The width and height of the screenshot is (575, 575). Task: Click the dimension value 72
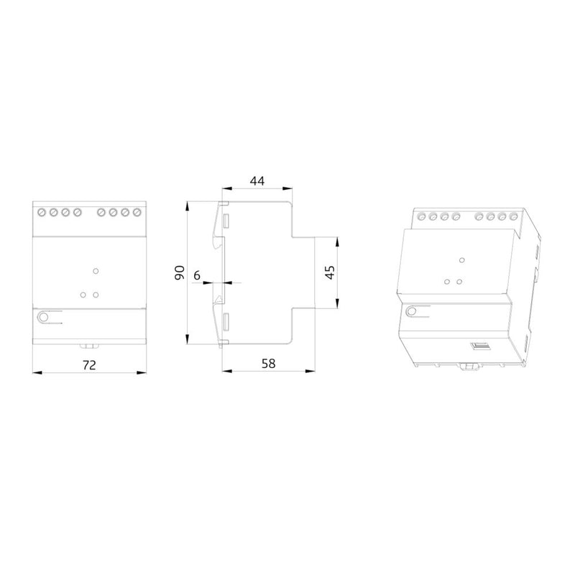(x=89, y=365)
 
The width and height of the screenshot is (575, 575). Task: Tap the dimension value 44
(x=257, y=181)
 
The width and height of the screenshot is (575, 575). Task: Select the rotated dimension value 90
(x=180, y=272)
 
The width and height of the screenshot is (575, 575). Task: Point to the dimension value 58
(x=268, y=364)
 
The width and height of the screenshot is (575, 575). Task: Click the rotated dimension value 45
(x=331, y=272)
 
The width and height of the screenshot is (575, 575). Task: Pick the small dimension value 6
(x=197, y=275)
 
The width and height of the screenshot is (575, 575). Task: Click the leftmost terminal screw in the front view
(x=42, y=212)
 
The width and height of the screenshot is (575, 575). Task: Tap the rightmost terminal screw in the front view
(x=137, y=212)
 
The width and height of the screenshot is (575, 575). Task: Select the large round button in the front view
(x=43, y=317)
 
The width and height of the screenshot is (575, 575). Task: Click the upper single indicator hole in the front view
(x=96, y=271)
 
